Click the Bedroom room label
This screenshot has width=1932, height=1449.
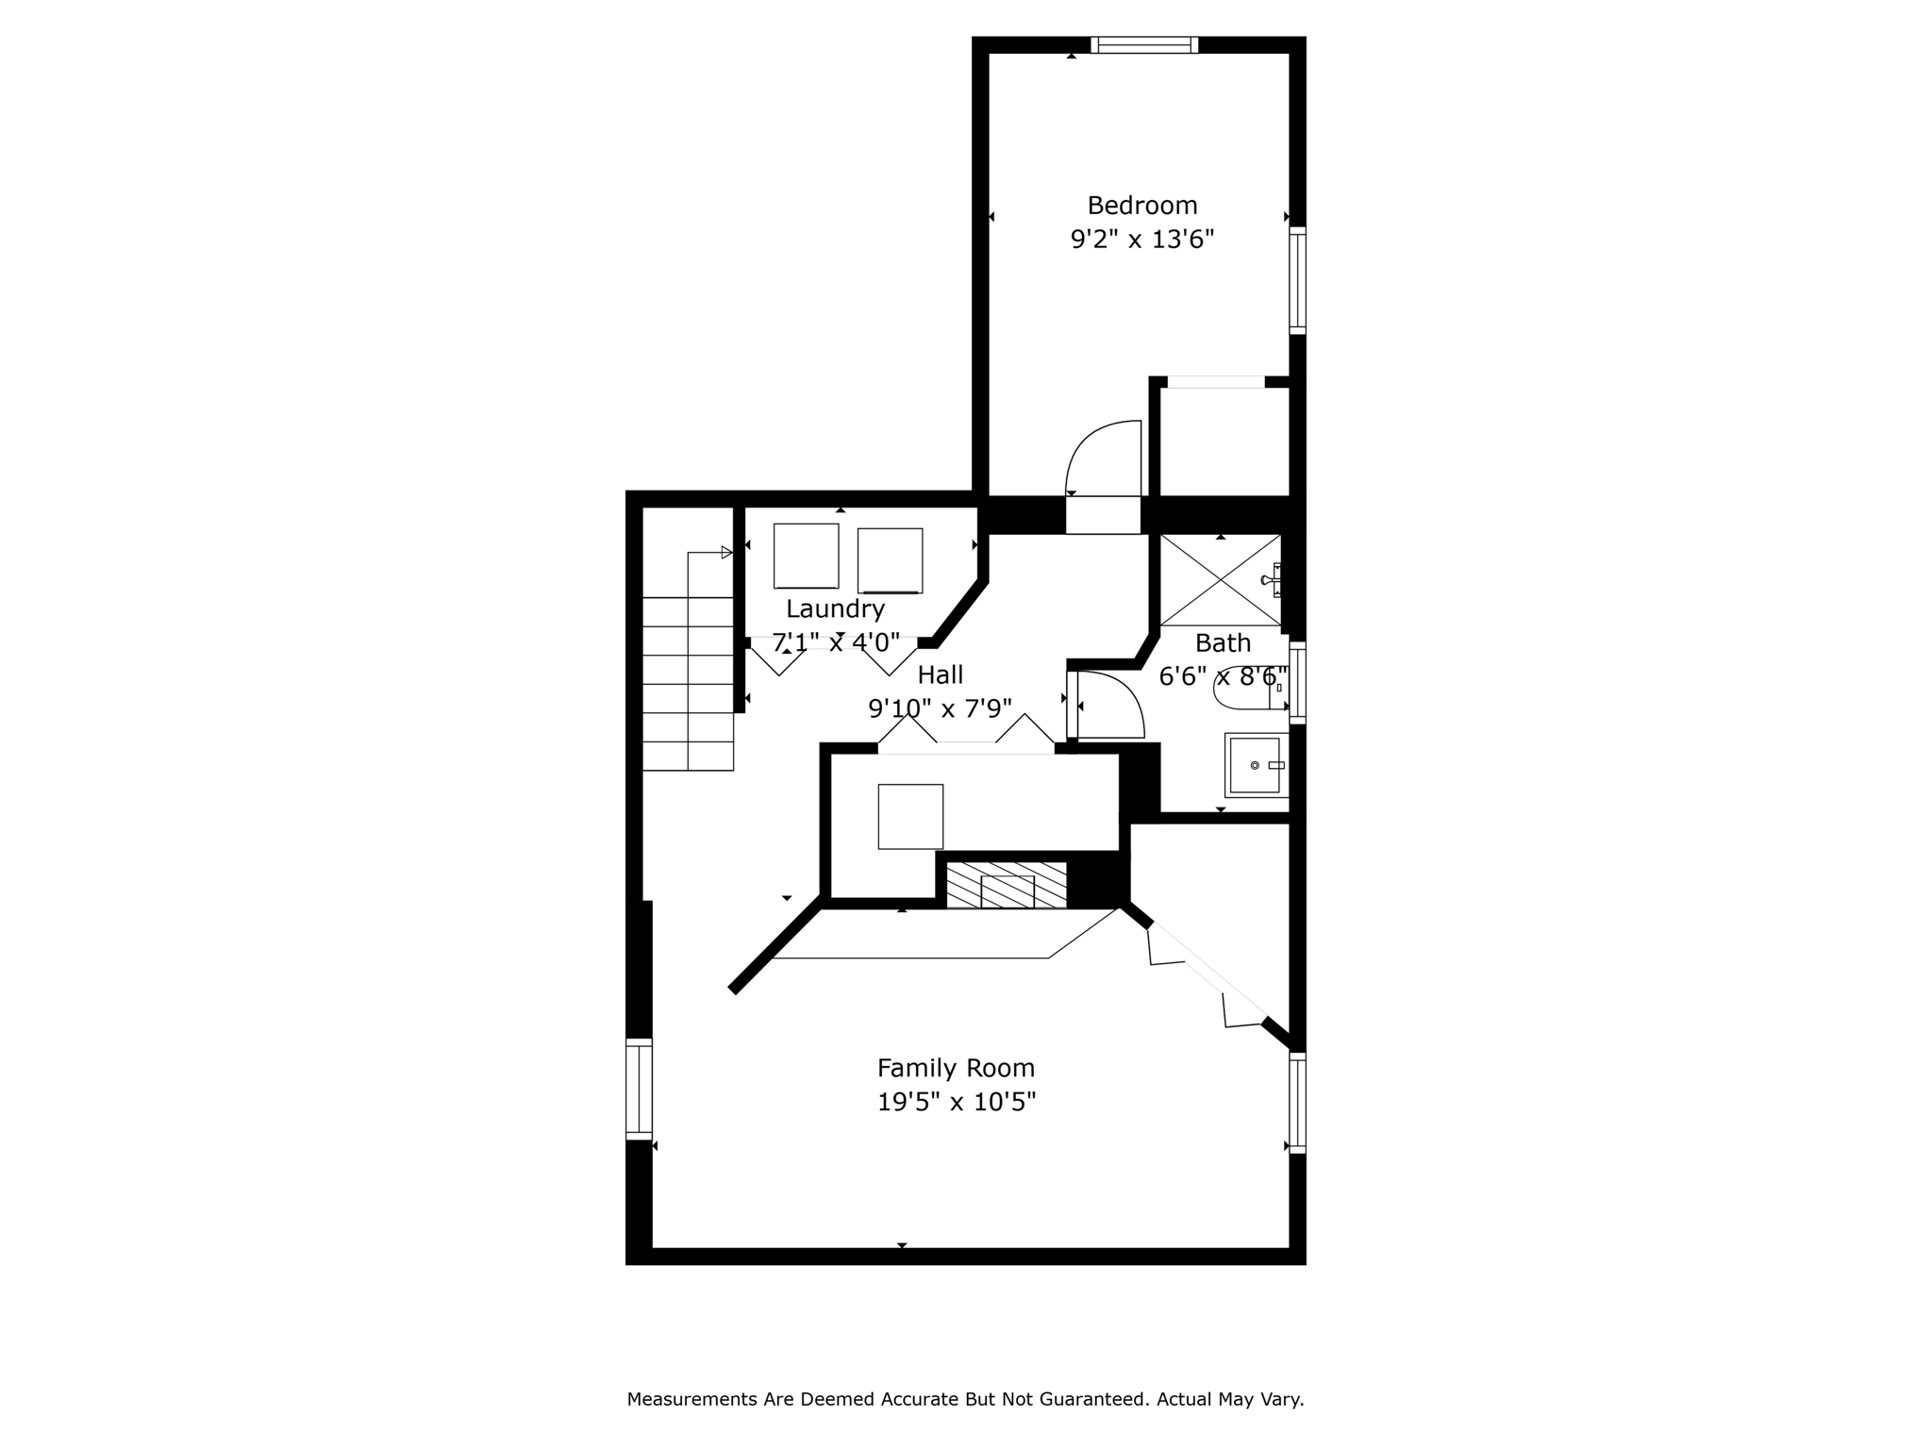pos(1142,206)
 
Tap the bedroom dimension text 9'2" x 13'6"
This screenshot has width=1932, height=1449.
pos(1141,240)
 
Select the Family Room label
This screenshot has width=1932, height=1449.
pos(956,1069)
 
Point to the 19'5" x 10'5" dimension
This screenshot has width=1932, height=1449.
pos(957,1102)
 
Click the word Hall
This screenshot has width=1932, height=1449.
pos(941,675)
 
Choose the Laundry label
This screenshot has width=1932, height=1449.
pos(835,609)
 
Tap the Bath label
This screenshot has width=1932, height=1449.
pos(1223,643)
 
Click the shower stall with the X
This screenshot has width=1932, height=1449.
pos(1221,580)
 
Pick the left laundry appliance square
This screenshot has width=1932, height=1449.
pos(807,556)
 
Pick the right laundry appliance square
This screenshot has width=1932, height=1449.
pos(890,560)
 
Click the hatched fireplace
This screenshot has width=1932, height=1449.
pos(1007,885)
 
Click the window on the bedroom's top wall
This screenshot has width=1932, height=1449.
pos(1144,44)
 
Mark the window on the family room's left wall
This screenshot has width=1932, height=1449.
pos(639,1089)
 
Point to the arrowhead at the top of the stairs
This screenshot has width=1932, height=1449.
pos(726,552)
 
